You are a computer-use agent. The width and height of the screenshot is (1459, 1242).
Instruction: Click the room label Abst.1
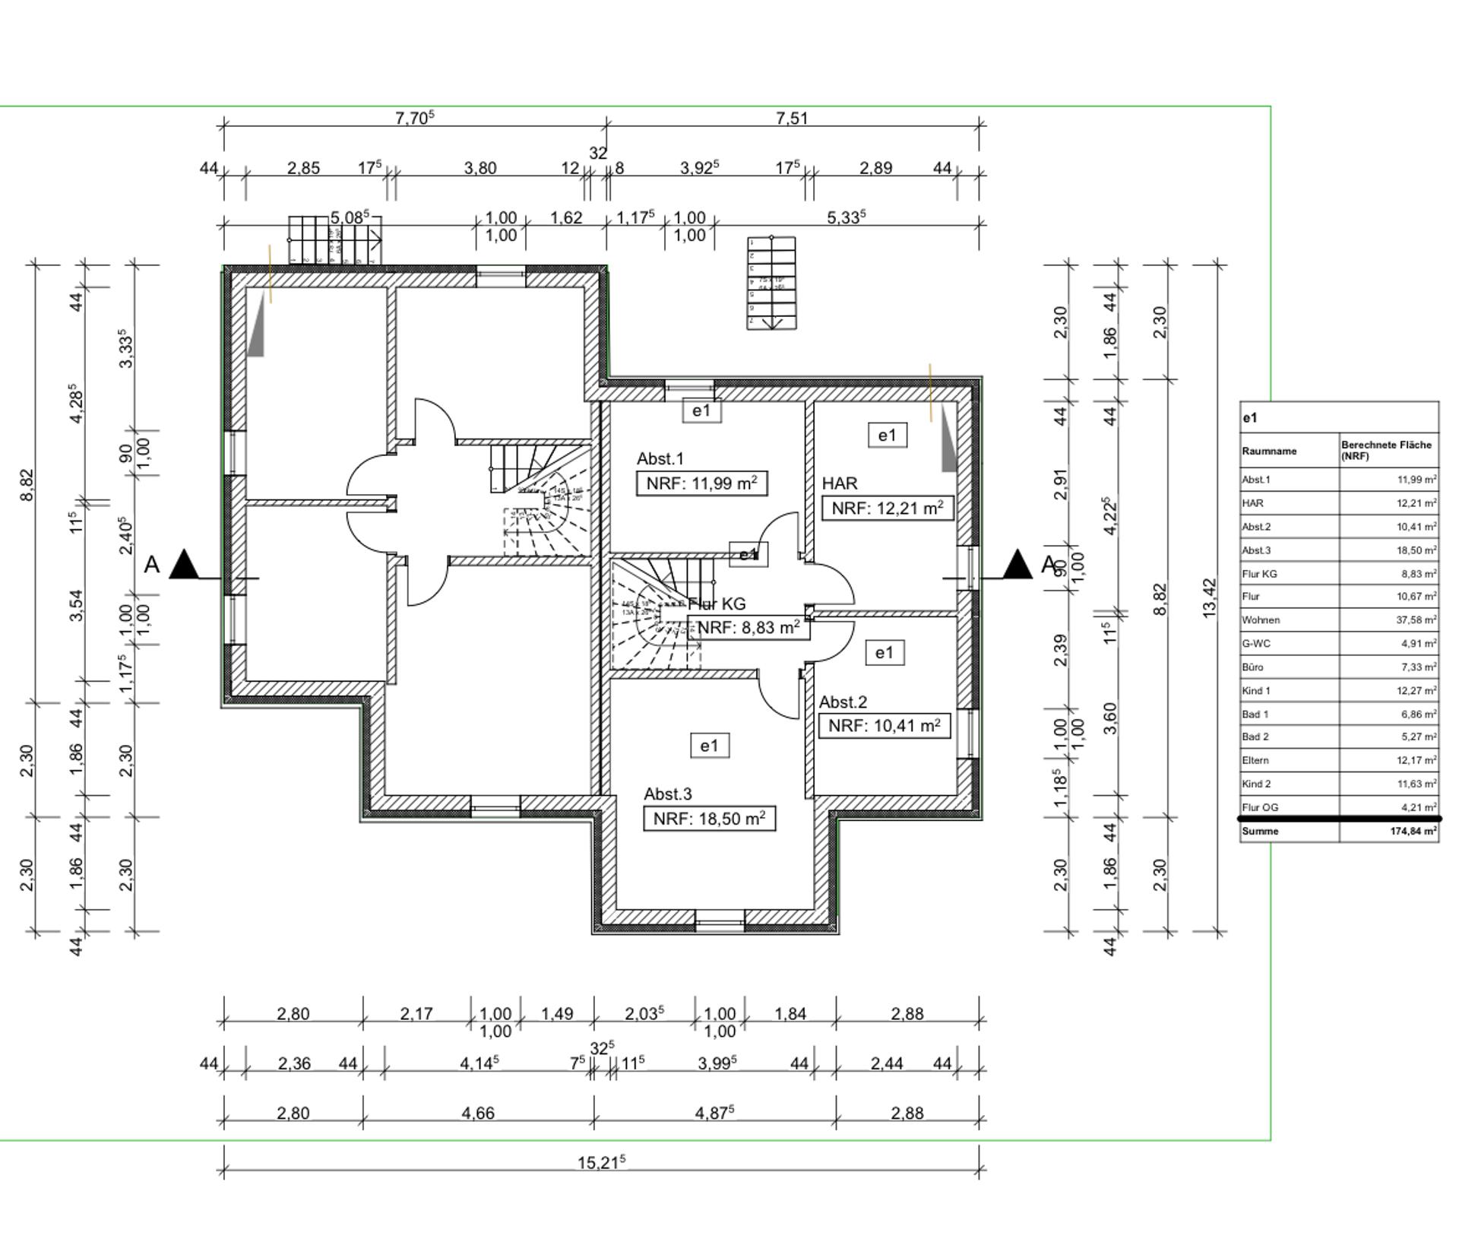click(x=660, y=458)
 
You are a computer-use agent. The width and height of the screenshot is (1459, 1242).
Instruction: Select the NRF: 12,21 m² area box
click(x=887, y=509)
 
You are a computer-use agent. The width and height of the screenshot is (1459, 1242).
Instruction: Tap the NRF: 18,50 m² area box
click(x=709, y=819)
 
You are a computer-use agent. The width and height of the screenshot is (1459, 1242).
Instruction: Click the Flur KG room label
click(x=717, y=604)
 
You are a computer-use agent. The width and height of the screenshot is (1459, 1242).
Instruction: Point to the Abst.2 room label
click(x=843, y=702)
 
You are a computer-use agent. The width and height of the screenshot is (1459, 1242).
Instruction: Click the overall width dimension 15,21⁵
click(x=601, y=1162)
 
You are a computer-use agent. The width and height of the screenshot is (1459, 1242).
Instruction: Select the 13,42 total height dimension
click(x=1210, y=598)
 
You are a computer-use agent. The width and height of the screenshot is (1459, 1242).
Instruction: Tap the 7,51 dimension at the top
click(x=792, y=119)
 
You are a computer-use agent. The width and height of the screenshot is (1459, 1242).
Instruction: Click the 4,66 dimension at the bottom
click(x=478, y=1113)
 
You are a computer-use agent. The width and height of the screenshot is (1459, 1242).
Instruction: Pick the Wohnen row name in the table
click(x=1261, y=620)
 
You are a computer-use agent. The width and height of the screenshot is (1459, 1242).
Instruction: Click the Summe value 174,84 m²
click(x=1413, y=832)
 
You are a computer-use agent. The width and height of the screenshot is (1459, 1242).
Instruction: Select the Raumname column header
click(x=1269, y=451)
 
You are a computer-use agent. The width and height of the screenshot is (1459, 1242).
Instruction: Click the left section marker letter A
click(x=152, y=566)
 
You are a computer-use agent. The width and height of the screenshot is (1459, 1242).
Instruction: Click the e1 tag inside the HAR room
click(x=887, y=436)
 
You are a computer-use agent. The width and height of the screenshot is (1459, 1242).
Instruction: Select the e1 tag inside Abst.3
click(x=709, y=746)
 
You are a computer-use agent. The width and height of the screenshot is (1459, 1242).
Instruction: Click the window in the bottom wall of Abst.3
click(x=720, y=925)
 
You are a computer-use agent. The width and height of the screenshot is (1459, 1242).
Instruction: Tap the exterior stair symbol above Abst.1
click(x=772, y=283)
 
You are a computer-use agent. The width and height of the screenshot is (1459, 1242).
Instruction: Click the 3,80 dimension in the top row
click(x=479, y=168)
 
